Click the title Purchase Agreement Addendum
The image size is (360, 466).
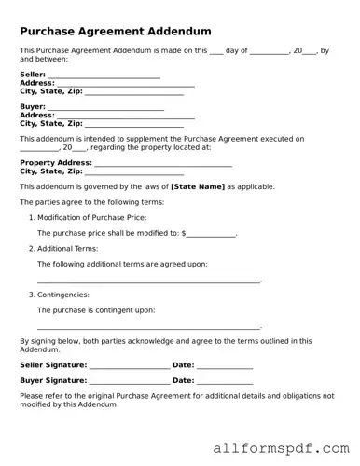(116, 31)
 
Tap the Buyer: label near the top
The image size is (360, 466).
(33, 107)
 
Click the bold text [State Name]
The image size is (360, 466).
(198, 186)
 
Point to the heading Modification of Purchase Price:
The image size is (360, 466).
(91, 217)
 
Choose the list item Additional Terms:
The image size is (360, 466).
(67, 249)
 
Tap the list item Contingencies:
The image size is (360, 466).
(63, 295)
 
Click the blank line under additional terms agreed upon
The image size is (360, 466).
(148, 281)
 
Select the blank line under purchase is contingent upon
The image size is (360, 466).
(148, 327)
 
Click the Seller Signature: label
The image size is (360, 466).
(53, 365)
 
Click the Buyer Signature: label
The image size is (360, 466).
(53, 381)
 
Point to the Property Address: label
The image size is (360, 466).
(56, 163)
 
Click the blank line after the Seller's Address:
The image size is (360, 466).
(126, 84)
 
